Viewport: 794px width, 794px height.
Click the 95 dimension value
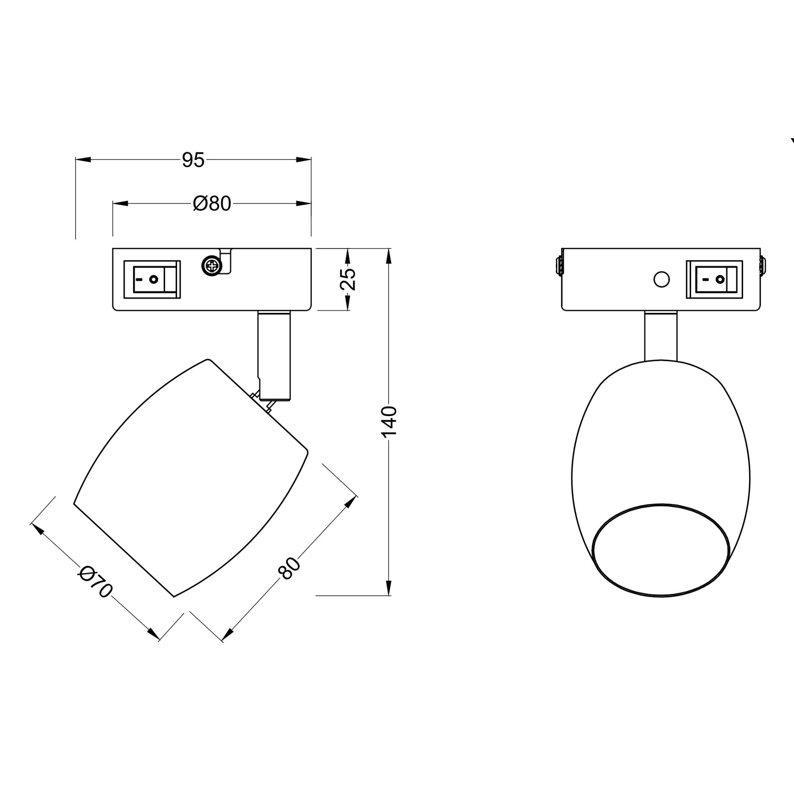(193, 160)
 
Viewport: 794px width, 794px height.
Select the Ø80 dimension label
(212, 203)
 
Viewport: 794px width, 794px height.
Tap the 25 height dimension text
(348, 279)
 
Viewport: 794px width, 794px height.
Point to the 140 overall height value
(389, 422)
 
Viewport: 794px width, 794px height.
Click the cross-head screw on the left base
(212, 266)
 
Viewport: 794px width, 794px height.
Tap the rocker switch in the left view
(152, 279)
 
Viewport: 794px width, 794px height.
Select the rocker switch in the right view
(714, 279)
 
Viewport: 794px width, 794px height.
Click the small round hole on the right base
(661, 279)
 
